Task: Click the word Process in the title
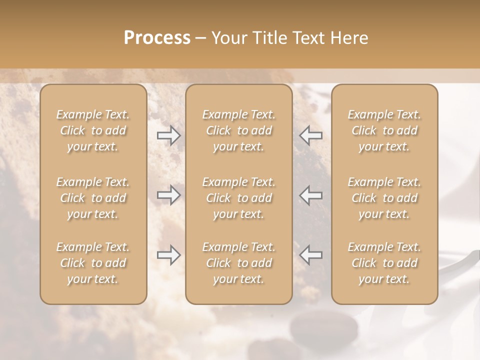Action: pyautogui.click(x=157, y=38)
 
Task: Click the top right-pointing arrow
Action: pyautogui.click(x=168, y=135)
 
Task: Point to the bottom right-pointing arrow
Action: pyautogui.click(x=168, y=255)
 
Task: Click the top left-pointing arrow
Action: pyautogui.click(x=311, y=135)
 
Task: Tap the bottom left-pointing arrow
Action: pyautogui.click(x=311, y=255)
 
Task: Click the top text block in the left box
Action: pyautogui.click(x=93, y=130)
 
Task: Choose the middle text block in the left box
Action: pyautogui.click(x=93, y=198)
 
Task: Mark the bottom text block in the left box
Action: pyautogui.click(x=93, y=263)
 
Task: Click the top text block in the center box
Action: pyautogui.click(x=239, y=130)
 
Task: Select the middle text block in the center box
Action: pyautogui.click(x=239, y=198)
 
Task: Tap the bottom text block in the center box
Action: pyautogui.click(x=239, y=263)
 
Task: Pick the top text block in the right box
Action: pyautogui.click(x=384, y=130)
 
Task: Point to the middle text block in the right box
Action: pyautogui.click(x=384, y=198)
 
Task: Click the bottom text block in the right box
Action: pyautogui.click(x=384, y=263)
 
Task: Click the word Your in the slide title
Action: pyautogui.click(x=227, y=38)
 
